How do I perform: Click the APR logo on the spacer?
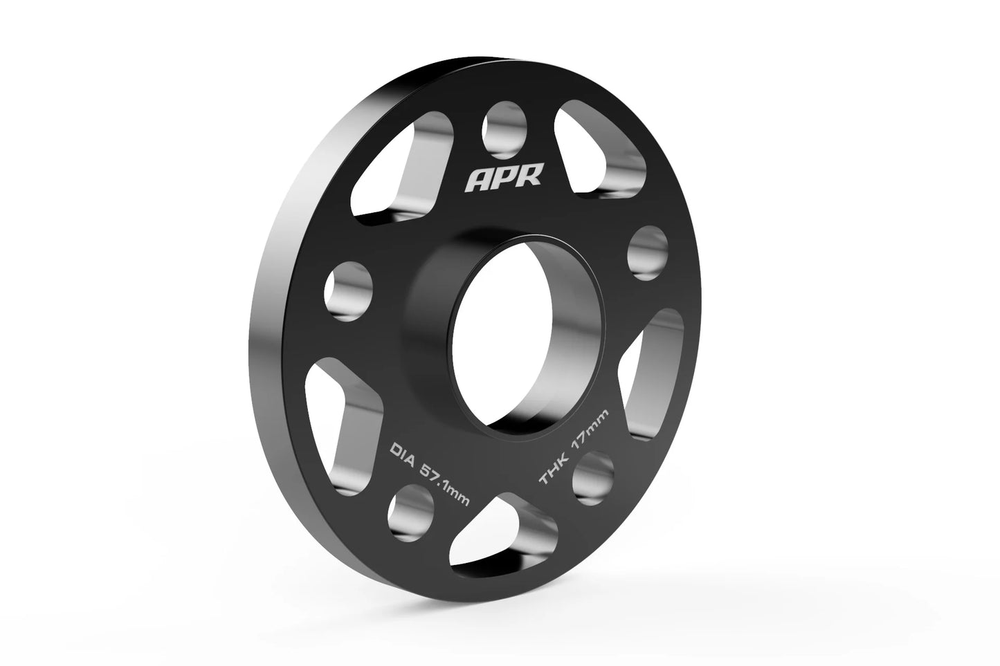tap(504, 180)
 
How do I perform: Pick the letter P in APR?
tap(505, 180)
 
